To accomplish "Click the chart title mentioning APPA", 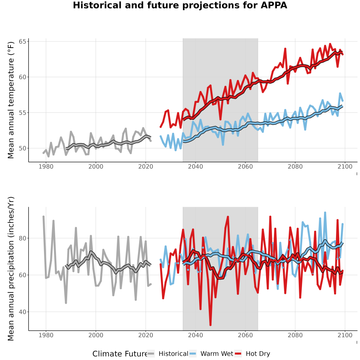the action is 180,5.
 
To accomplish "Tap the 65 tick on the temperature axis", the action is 22,42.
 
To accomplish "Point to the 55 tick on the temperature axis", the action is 22,113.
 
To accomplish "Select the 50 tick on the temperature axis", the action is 22,148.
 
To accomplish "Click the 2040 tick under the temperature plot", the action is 195,166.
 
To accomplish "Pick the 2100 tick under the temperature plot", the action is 345,166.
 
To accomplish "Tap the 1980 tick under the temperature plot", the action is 46,166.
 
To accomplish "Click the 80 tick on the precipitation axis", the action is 22,238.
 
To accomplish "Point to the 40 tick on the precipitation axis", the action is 22,312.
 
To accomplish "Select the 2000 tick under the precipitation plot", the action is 96,335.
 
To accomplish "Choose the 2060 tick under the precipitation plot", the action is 245,335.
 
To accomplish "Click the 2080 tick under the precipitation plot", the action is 295,335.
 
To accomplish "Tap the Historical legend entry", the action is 168,354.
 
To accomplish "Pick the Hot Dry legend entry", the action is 252,354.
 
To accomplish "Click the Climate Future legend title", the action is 120,354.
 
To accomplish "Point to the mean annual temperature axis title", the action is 11,100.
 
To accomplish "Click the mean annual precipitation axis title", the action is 11,269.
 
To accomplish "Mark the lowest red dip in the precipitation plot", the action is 210,325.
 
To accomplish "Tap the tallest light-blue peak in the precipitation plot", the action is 325,213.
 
